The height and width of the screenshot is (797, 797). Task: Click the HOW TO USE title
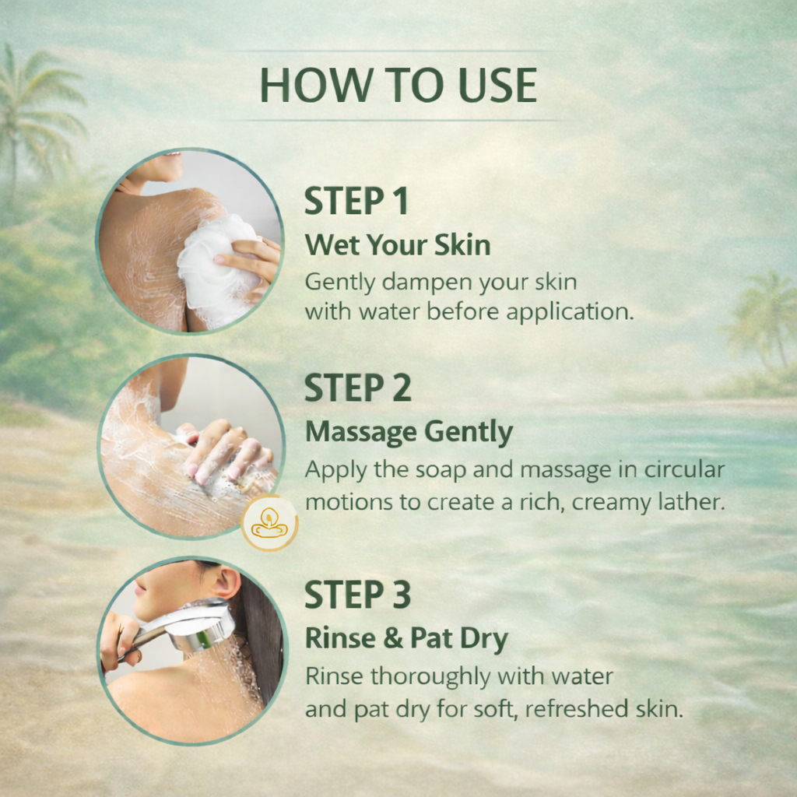point(398,85)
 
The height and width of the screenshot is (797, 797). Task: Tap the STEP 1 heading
point(356,201)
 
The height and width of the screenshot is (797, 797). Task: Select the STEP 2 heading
point(358,388)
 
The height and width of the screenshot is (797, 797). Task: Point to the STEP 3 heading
point(357,594)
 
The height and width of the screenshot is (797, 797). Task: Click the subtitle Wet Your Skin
point(398,245)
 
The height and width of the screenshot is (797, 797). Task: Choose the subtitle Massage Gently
point(409,432)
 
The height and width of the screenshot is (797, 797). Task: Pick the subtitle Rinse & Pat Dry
point(406,638)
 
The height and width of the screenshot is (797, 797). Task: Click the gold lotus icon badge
point(269,523)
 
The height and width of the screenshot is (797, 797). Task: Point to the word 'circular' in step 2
point(684,469)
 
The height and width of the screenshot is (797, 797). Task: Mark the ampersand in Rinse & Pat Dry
point(393,638)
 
